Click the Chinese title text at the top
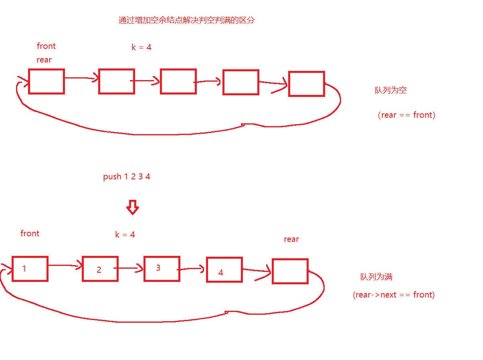(186, 20)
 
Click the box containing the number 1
(30, 269)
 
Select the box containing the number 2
(100, 269)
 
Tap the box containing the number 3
(162, 269)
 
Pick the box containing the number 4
(224, 269)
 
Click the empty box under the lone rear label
(290, 271)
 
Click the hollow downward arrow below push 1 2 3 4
(132, 207)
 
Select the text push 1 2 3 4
(127, 177)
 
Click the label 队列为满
(376, 277)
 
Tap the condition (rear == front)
(406, 115)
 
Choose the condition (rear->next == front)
(394, 295)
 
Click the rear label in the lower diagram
(291, 239)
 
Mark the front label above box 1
(30, 233)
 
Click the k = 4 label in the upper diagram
(141, 47)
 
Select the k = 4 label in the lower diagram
(125, 235)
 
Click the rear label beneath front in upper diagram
(44, 60)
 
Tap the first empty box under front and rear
(46, 81)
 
